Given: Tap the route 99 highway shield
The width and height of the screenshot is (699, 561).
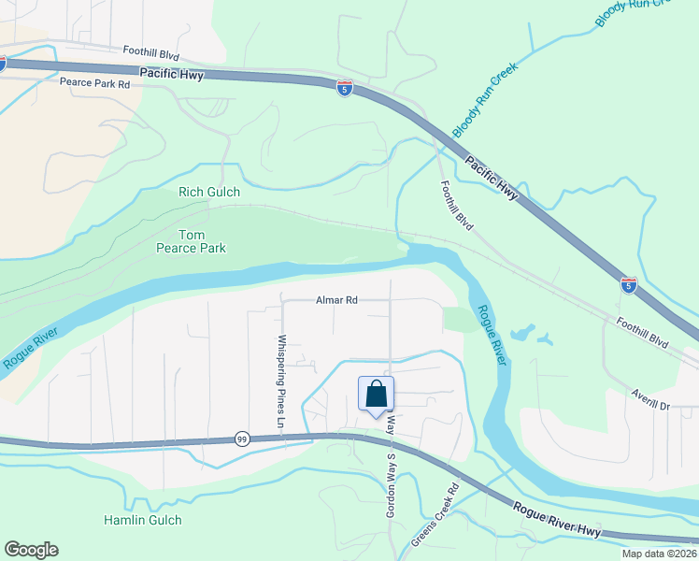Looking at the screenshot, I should pyautogui.click(x=241, y=439).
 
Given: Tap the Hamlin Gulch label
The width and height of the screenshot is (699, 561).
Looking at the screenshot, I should pyautogui.click(x=143, y=520).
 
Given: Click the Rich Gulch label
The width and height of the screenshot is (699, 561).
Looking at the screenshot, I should pyautogui.click(x=209, y=192).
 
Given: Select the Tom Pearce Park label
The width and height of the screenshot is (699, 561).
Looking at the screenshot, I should pyautogui.click(x=191, y=241).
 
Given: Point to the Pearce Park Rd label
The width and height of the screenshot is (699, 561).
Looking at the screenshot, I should pyautogui.click(x=94, y=83).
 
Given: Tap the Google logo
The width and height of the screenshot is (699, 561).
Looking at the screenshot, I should pyautogui.click(x=31, y=550).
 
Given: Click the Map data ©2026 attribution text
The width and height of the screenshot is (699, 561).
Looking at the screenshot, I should pyautogui.click(x=659, y=554).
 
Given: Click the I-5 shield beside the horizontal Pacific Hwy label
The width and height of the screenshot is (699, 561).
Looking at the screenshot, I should pyautogui.click(x=345, y=87).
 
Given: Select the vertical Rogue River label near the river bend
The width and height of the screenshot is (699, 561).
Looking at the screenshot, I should pyautogui.click(x=492, y=335).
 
